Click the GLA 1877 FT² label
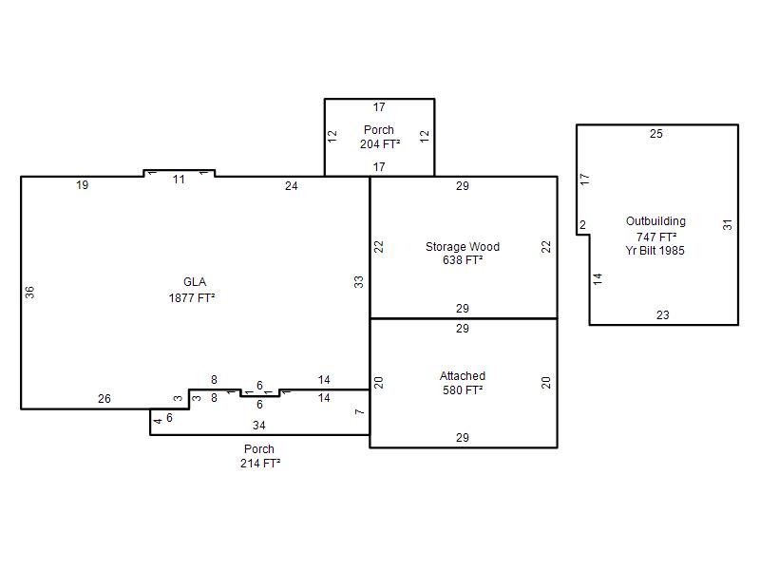point(192,290)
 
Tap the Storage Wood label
point(463,247)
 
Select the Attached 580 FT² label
point(463,383)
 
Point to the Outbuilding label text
point(655,221)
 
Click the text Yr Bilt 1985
point(655,251)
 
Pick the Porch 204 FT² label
point(379,137)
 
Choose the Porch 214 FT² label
point(259,456)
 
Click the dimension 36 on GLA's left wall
point(29,293)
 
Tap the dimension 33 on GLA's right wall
point(358,282)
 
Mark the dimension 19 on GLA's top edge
point(83,185)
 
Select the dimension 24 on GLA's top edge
point(292,186)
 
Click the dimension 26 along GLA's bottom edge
point(104,399)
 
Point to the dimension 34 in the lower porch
point(258,426)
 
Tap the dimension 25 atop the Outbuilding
point(656,134)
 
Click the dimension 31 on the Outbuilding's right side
point(728,225)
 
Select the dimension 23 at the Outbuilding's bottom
point(662,315)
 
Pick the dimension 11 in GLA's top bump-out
point(179,180)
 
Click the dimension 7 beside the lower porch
point(359,412)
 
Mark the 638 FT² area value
point(463,260)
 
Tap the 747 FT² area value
point(656,237)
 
